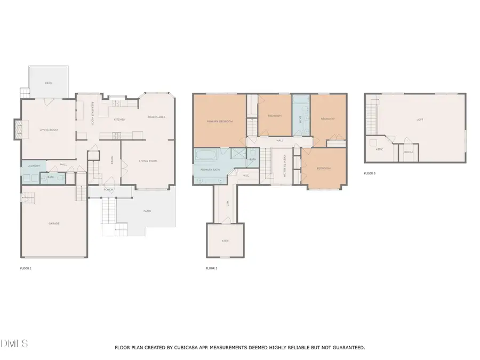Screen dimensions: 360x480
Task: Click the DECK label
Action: click(x=49, y=83)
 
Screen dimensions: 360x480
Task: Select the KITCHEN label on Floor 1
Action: click(x=120, y=119)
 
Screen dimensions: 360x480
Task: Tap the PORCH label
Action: click(x=109, y=190)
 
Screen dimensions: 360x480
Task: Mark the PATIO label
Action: click(x=147, y=211)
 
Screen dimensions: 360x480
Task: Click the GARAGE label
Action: click(x=53, y=223)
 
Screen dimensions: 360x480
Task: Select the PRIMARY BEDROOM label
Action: click(x=220, y=122)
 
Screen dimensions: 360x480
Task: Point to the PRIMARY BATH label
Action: click(x=209, y=170)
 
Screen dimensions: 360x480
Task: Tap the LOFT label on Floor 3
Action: click(x=420, y=119)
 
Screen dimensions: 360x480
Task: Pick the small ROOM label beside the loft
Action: click(x=408, y=152)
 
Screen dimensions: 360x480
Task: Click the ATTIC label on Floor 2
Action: click(x=225, y=241)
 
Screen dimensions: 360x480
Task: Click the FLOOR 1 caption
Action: click(x=26, y=268)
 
